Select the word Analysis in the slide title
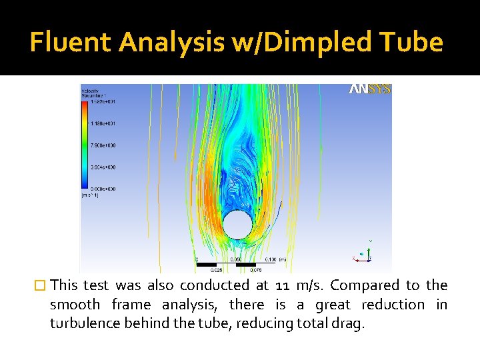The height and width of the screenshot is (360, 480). [x=171, y=42]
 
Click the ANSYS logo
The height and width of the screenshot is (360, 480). [x=370, y=89]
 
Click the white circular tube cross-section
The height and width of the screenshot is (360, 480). [x=237, y=225]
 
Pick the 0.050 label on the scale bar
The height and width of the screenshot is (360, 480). [x=236, y=259]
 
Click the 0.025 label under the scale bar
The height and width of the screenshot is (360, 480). [x=217, y=271]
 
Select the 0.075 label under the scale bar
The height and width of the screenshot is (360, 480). [x=255, y=271]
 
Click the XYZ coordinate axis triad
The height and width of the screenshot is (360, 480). [x=364, y=252]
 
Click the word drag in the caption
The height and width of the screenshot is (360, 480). [x=350, y=324]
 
